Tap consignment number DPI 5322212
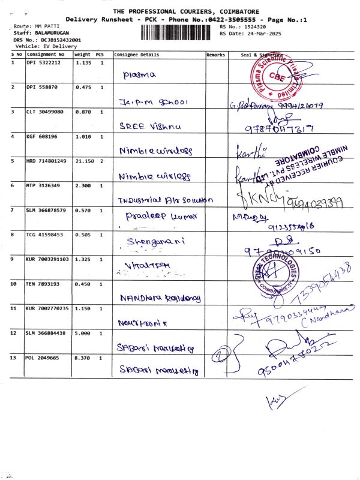pyautogui.click(x=43, y=62)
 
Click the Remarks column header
pyautogui.click(x=215, y=55)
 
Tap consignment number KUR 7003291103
pyautogui.click(x=47, y=259)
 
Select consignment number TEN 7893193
pyautogui.click(x=43, y=284)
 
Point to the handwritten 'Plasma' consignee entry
pyautogui.click(x=139, y=76)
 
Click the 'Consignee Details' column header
pyautogui.click(x=137, y=55)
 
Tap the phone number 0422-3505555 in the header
pyautogui.click(x=235, y=20)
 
